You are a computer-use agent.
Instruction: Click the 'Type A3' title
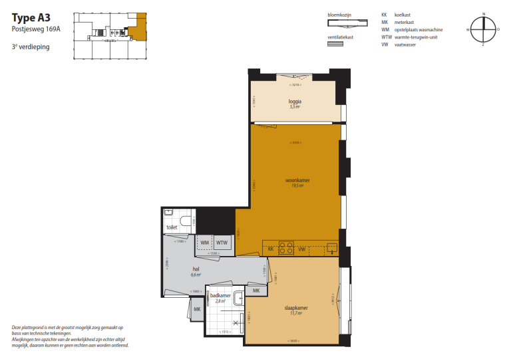coord(31,18)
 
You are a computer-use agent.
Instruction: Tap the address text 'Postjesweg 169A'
coord(35,30)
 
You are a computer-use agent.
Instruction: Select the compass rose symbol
coord(484,29)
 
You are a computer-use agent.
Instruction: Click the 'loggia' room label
coord(295,102)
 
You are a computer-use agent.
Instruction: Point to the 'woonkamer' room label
coord(298,180)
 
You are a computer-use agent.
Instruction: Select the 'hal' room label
coord(196,269)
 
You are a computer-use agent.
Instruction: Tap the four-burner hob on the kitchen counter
coord(286,249)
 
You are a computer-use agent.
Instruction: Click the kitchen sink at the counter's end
coord(332,249)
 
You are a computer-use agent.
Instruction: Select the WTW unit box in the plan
coord(221,243)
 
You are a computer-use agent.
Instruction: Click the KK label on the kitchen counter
coord(271,249)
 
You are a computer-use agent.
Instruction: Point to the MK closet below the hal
coord(197,309)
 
